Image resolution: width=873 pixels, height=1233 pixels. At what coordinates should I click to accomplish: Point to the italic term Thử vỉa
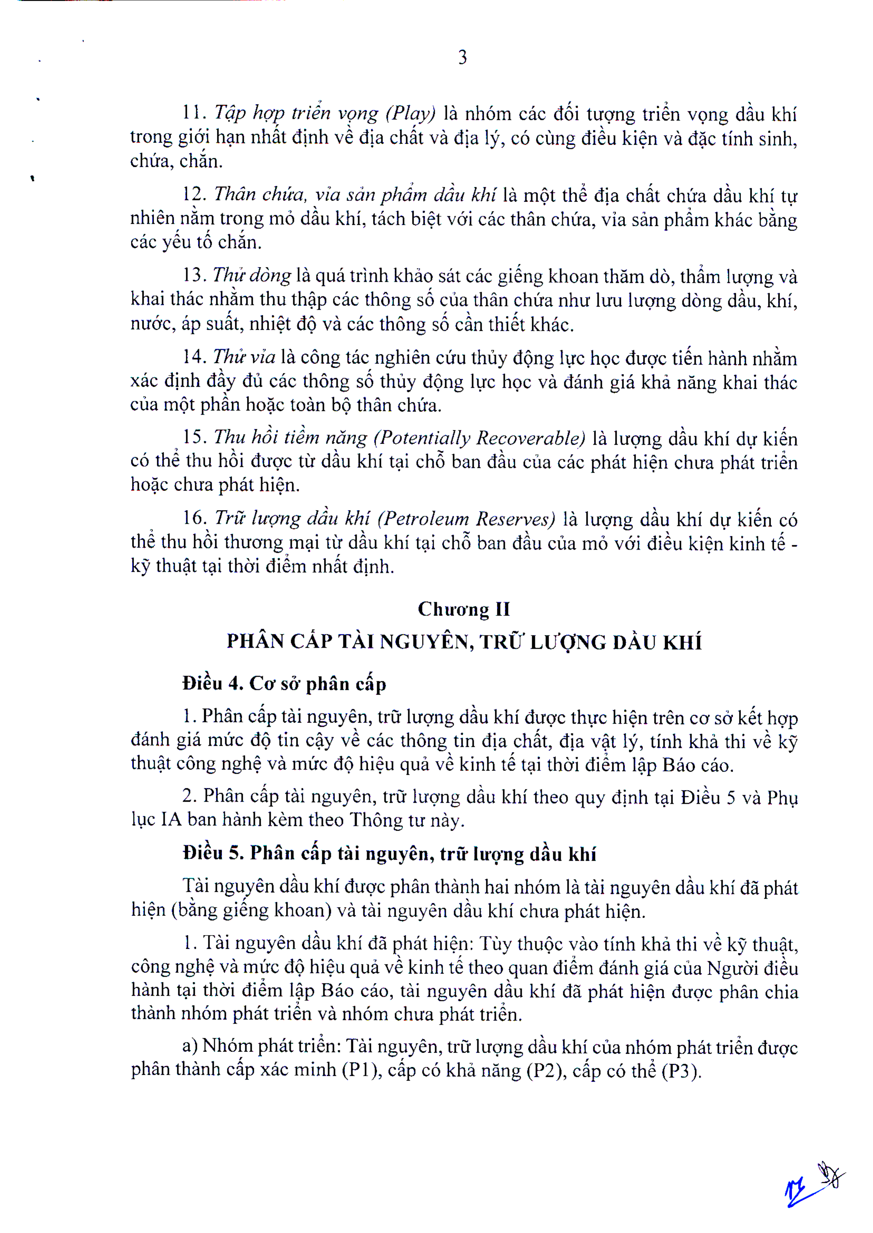click(x=244, y=356)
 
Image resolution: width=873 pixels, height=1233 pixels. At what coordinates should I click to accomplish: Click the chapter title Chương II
click(x=463, y=609)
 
